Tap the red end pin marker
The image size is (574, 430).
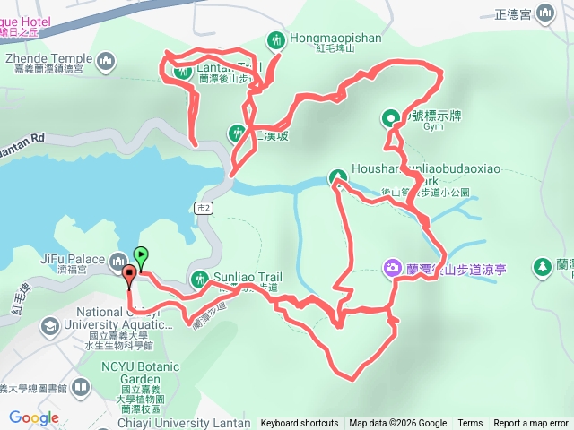(x=130, y=274)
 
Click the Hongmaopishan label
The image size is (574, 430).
(x=324, y=39)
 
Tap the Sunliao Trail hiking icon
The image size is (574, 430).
(x=200, y=277)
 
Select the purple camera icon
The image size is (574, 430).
(x=392, y=267)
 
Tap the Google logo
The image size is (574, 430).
(x=33, y=417)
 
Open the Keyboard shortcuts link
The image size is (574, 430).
(x=300, y=424)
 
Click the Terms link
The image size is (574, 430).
(x=470, y=424)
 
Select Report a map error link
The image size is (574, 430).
(x=531, y=424)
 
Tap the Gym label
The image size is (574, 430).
(x=434, y=126)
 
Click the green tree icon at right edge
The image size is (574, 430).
(x=542, y=266)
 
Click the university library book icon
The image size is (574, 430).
(x=80, y=388)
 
